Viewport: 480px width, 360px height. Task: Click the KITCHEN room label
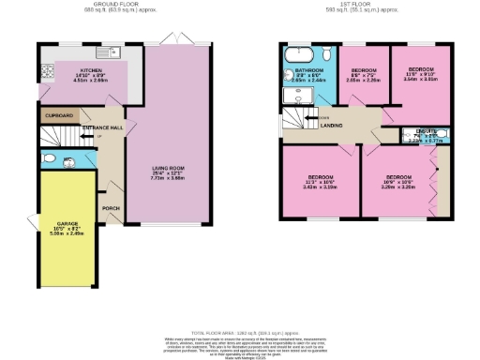pos(91,69)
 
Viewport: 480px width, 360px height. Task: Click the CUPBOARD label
pos(58,116)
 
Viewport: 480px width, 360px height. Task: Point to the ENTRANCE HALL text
pos(102,127)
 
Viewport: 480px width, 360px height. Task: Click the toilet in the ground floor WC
pos(47,158)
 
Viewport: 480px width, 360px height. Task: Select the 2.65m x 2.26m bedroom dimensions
pos(359,80)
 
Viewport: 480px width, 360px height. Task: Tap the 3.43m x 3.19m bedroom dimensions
pos(319,187)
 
